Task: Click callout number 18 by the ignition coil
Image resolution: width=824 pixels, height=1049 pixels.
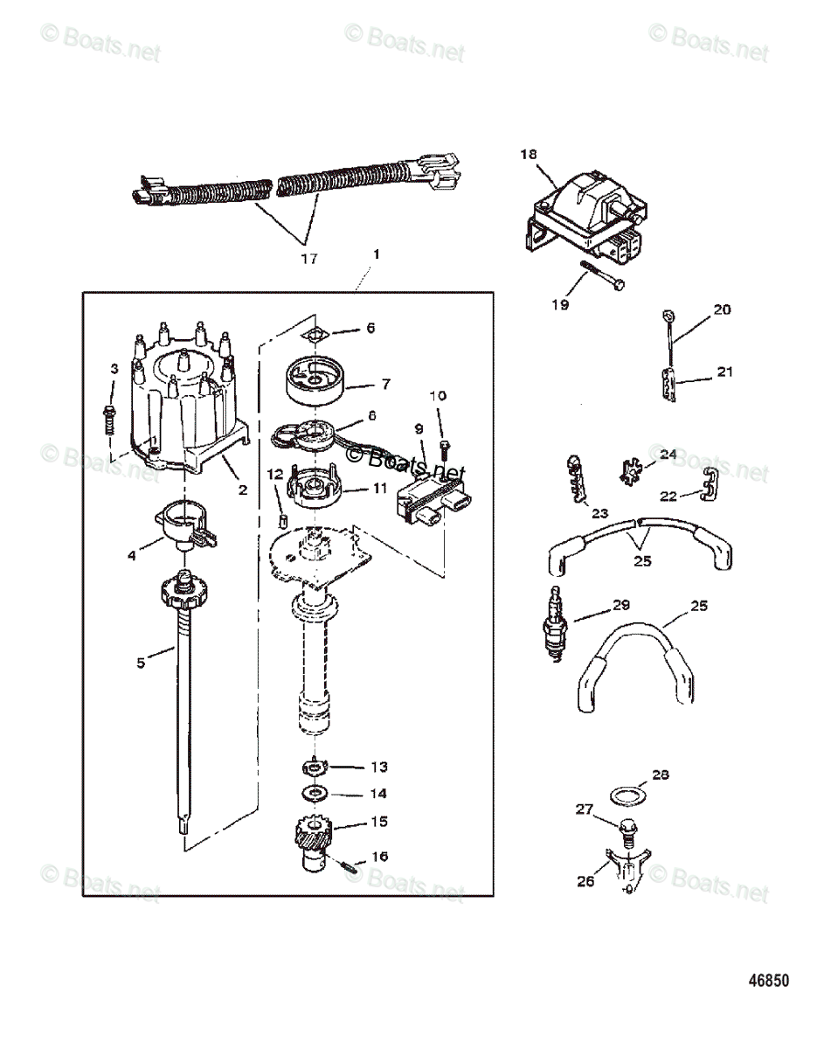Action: point(529,154)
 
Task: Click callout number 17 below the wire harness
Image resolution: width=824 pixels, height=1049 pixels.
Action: point(308,258)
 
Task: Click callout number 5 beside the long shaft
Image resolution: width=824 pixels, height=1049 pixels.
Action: point(141,663)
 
